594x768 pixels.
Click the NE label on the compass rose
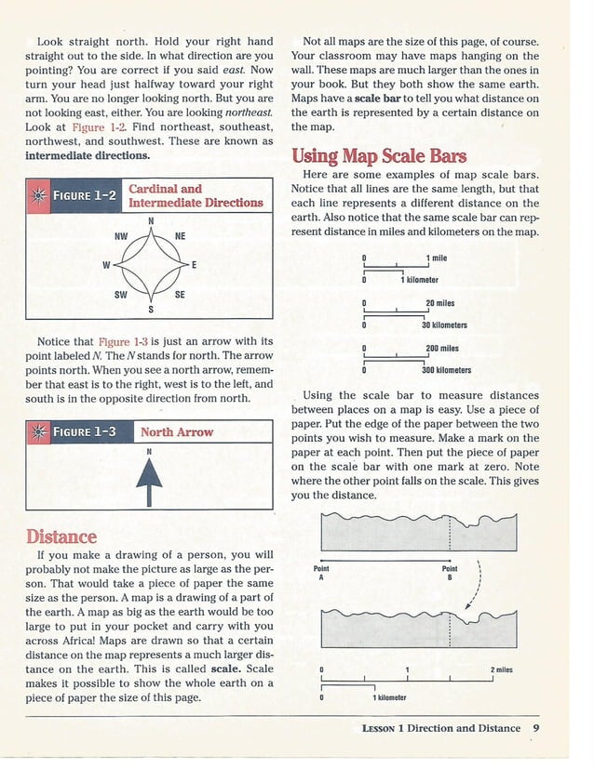(x=180, y=237)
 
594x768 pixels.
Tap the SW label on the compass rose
(x=121, y=294)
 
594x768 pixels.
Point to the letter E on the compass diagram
(x=194, y=266)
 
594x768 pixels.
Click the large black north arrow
(x=149, y=481)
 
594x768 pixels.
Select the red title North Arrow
(x=177, y=432)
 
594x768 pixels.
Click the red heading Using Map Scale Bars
(x=379, y=155)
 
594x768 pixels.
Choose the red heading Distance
(x=61, y=536)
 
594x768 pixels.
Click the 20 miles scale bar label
(x=439, y=303)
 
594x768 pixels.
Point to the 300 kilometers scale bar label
(x=446, y=369)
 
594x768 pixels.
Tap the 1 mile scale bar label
(x=436, y=258)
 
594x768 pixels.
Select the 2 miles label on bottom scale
(x=501, y=669)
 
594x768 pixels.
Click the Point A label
(x=321, y=573)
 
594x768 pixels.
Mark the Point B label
(x=450, y=573)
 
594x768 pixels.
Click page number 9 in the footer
(x=536, y=728)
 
